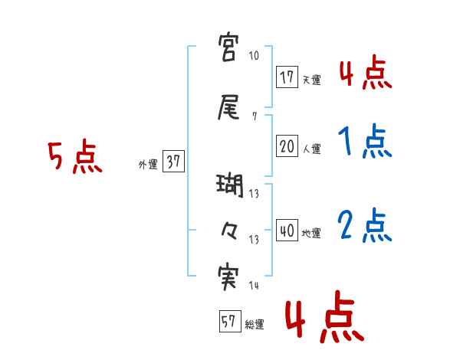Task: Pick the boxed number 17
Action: [287, 77]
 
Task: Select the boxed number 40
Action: [287, 231]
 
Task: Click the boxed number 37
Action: [173, 162]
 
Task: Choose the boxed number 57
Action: [228, 322]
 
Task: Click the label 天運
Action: [311, 80]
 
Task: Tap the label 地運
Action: [311, 234]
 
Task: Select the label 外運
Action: [147, 164]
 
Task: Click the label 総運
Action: [254, 325]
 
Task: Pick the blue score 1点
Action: [365, 141]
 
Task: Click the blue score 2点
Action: [365, 225]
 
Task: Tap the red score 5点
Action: [74, 156]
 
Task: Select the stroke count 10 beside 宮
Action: [255, 57]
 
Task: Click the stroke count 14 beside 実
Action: [254, 286]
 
